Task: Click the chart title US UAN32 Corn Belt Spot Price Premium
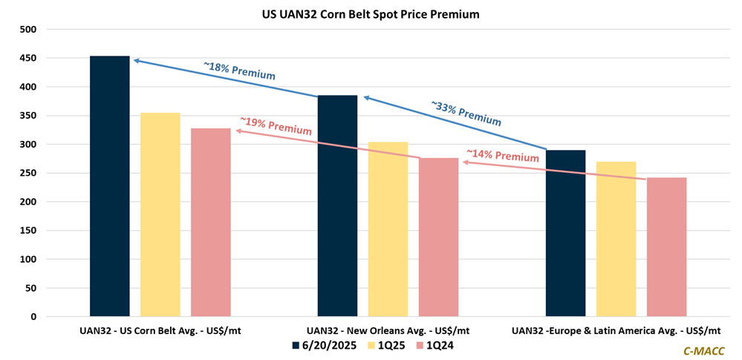coord(371,13)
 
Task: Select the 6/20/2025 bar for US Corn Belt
coord(110,186)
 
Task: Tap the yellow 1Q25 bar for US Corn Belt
coord(160,215)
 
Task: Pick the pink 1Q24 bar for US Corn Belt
coord(211,223)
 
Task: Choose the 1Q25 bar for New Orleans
coord(388,229)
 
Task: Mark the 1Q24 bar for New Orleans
coord(438,238)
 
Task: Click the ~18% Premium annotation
coord(239,71)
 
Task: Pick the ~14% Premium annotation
coord(502,156)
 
